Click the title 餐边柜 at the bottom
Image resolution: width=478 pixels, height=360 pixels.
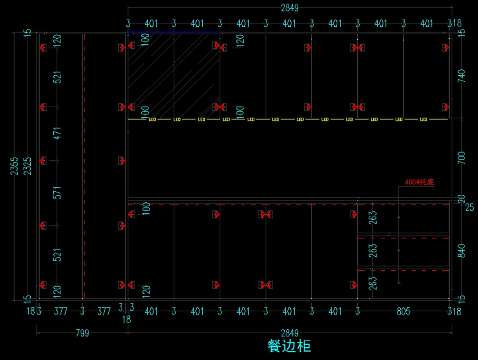tap(289, 346)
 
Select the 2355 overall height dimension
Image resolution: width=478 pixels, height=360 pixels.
tap(15, 166)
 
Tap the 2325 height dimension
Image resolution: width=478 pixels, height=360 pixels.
tap(27, 166)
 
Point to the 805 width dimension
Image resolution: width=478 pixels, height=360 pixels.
tap(404, 311)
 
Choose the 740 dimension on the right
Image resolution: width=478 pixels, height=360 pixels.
tap(462, 76)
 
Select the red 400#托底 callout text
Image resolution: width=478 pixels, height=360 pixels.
tap(419, 182)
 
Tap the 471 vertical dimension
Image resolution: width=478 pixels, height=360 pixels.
tap(58, 133)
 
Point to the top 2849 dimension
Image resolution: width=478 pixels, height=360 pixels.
tap(290, 8)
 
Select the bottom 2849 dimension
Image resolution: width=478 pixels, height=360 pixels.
tap(290, 333)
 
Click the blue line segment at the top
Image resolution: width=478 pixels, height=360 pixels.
tap(174, 32)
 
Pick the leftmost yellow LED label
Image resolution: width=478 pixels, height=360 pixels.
tap(152, 119)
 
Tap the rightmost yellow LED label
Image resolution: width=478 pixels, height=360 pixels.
tap(423, 119)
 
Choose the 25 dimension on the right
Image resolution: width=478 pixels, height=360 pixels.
tap(470, 207)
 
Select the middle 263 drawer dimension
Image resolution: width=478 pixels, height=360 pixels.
tap(373, 251)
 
